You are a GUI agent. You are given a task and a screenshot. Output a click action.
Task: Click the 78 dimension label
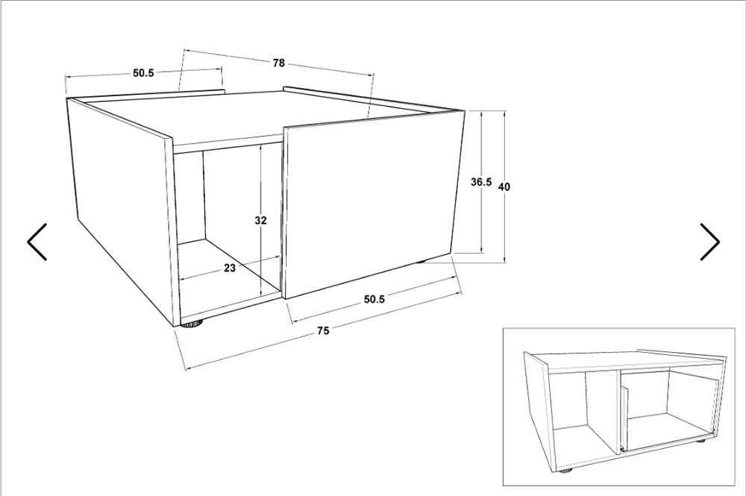(x=279, y=63)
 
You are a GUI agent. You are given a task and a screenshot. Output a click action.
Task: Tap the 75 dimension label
(x=323, y=330)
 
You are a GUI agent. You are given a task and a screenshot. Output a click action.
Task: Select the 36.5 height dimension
(x=481, y=182)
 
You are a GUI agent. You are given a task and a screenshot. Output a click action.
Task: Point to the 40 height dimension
(x=504, y=187)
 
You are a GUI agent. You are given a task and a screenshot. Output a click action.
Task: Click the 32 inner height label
(x=260, y=220)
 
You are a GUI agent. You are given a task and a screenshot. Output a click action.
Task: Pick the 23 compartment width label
(x=230, y=269)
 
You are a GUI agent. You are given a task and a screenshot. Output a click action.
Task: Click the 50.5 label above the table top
(x=143, y=73)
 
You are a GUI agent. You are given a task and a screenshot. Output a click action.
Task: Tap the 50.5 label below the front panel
(x=374, y=299)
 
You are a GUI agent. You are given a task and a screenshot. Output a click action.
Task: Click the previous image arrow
(x=37, y=242)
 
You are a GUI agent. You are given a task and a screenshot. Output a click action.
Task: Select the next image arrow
(x=709, y=242)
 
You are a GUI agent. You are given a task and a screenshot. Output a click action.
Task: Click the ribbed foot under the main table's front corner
(x=192, y=324)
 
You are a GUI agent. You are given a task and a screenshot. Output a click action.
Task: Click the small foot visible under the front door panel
(x=421, y=262)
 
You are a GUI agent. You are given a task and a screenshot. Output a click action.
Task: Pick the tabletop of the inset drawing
(x=633, y=360)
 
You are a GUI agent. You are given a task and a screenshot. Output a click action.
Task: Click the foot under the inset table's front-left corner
(x=565, y=471)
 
